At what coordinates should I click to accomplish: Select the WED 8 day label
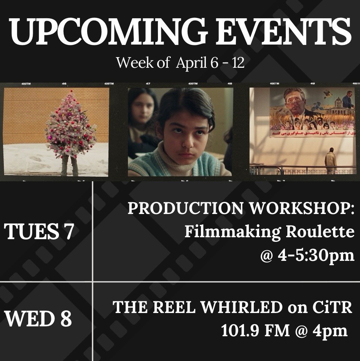38,319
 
